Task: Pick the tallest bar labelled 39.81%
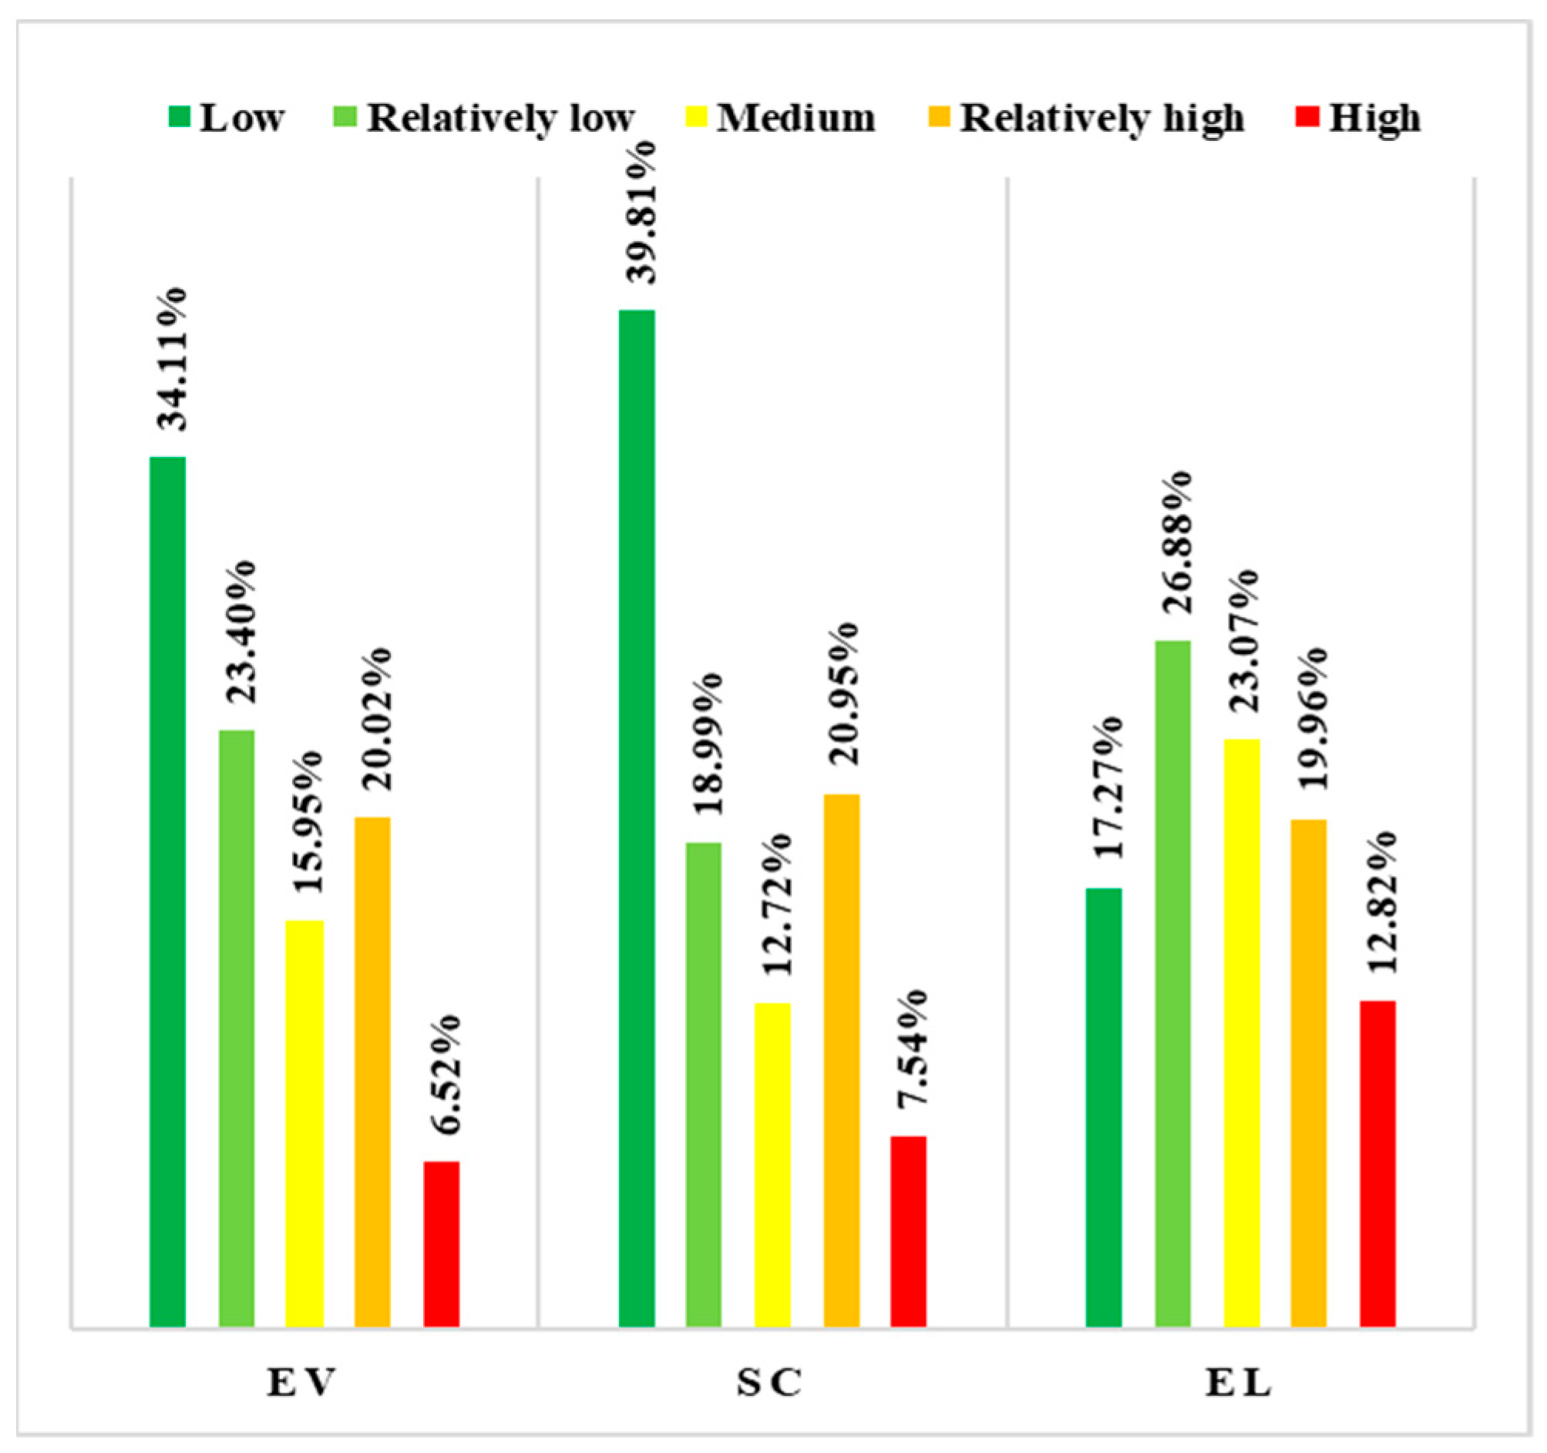(637, 817)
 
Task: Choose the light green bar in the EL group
(1172, 983)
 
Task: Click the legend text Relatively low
(501, 118)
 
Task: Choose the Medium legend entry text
(795, 118)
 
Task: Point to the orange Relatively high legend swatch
(940, 117)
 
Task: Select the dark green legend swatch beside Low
(179, 117)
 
